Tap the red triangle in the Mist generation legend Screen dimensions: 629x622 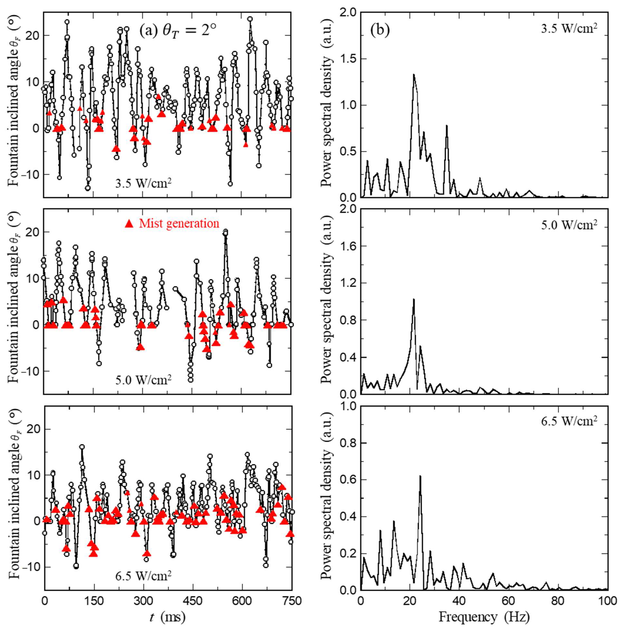coord(129,224)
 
